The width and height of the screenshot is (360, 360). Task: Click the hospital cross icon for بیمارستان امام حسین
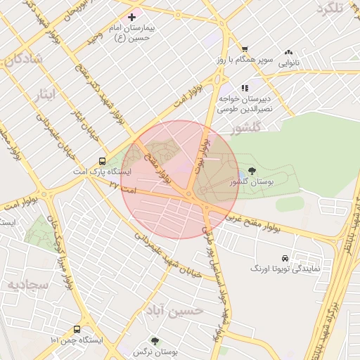(x=131, y=16)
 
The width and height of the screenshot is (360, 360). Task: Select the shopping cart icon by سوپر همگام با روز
(x=244, y=49)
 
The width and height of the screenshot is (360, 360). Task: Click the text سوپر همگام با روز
(x=244, y=60)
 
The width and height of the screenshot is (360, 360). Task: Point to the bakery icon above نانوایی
(x=288, y=52)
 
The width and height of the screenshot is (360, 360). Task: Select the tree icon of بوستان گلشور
(x=252, y=170)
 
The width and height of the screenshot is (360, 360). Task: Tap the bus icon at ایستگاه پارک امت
(x=103, y=160)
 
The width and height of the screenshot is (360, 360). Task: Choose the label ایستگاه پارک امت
(x=103, y=172)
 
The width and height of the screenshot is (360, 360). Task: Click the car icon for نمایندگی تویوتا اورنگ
(x=284, y=258)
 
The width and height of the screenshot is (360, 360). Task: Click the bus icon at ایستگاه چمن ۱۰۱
(x=77, y=329)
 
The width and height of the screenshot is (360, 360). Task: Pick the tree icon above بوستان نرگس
(x=155, y=340)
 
